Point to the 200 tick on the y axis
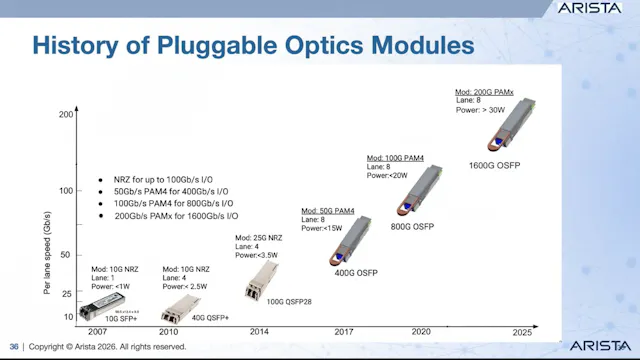point(66,115)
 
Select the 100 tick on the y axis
point(66,190)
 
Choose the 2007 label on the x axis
point(96,330)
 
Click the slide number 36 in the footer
point(14,347)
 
